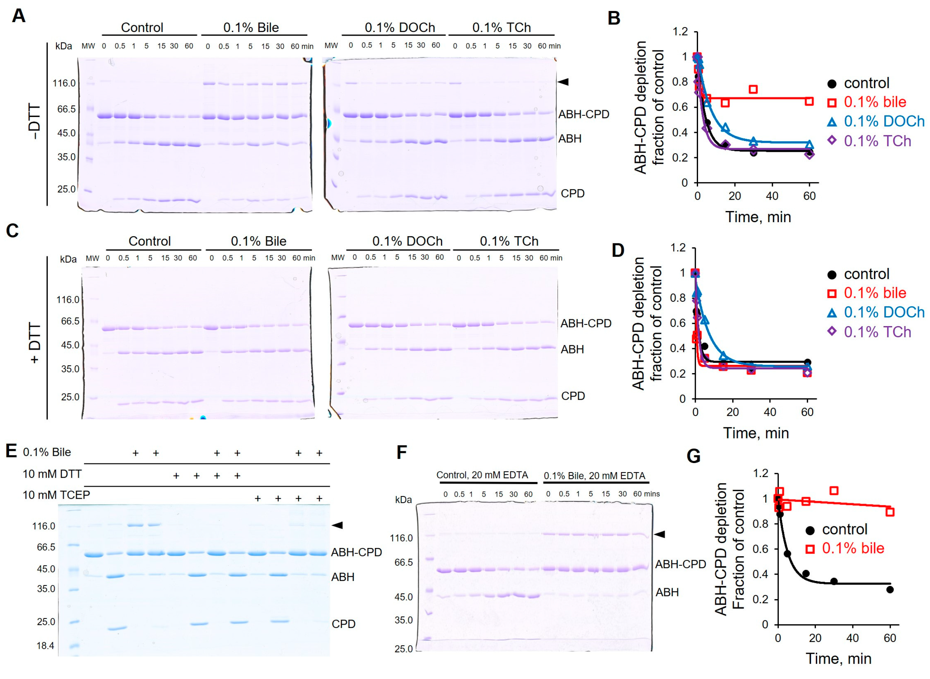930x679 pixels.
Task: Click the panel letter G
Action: pos(693,456)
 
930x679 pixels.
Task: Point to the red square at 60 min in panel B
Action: pos(809,101)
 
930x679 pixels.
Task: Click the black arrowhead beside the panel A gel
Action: pos(563,82)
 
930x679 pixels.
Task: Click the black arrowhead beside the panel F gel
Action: pos(659,534)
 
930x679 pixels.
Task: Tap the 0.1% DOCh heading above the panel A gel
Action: pos(400,27)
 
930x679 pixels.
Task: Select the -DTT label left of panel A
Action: pos(35,122)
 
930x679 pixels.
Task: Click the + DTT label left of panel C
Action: pos(35,343)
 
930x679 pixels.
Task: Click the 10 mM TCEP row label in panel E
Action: pos(56,495)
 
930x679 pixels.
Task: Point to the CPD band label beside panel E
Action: pos(343,624)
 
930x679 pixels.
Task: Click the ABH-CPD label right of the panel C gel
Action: pos(585,323)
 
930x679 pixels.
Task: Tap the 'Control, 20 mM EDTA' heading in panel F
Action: pos(482,475)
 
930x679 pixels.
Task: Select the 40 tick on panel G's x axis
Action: pos(852,638)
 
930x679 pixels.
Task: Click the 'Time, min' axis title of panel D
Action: pos(756,433)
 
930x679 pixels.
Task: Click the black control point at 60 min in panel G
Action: pos(890,589)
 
